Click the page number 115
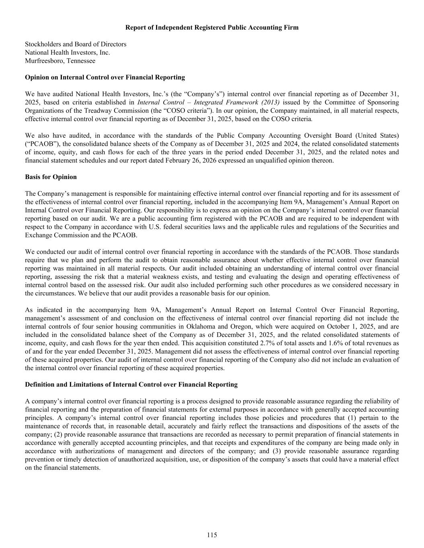pyautogui.click(x=212, y=535)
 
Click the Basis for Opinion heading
pyautogui.click(x=51, y=177)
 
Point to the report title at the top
pyautogui.click(x=212, y=27)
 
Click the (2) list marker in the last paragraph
pyautogui.click(x=58, y=434)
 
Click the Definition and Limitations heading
pyautogui.click(x=131, y=385)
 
